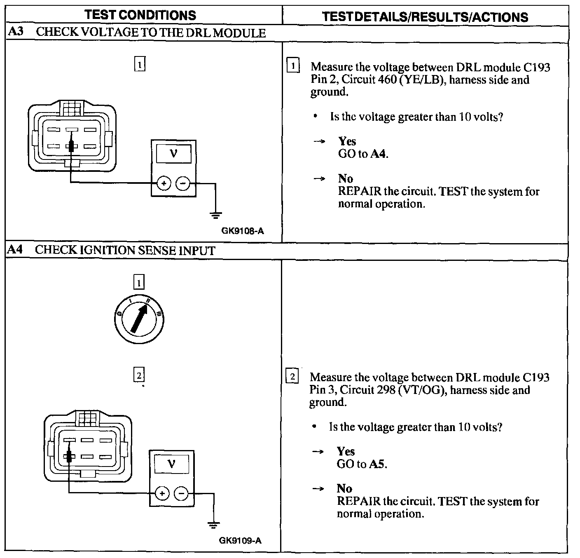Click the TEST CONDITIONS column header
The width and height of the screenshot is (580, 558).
140,15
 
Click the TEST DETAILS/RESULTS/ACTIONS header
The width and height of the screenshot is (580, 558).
425,17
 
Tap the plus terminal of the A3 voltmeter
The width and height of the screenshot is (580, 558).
164,183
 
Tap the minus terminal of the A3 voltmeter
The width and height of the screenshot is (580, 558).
183,183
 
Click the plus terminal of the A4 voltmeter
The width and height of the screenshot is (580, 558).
162,493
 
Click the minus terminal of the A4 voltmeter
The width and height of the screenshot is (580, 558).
181,493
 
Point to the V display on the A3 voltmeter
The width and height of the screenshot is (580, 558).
173,154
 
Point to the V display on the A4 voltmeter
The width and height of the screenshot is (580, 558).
172,464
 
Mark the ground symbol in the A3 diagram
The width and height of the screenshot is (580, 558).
215,215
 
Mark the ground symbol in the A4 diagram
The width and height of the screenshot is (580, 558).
213,525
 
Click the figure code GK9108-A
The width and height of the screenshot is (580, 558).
243,231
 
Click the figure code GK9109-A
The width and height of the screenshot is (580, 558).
241,540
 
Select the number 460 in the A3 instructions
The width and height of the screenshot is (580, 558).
386,80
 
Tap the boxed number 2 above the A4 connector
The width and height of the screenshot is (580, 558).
139,375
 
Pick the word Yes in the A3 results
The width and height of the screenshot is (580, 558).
347,141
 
